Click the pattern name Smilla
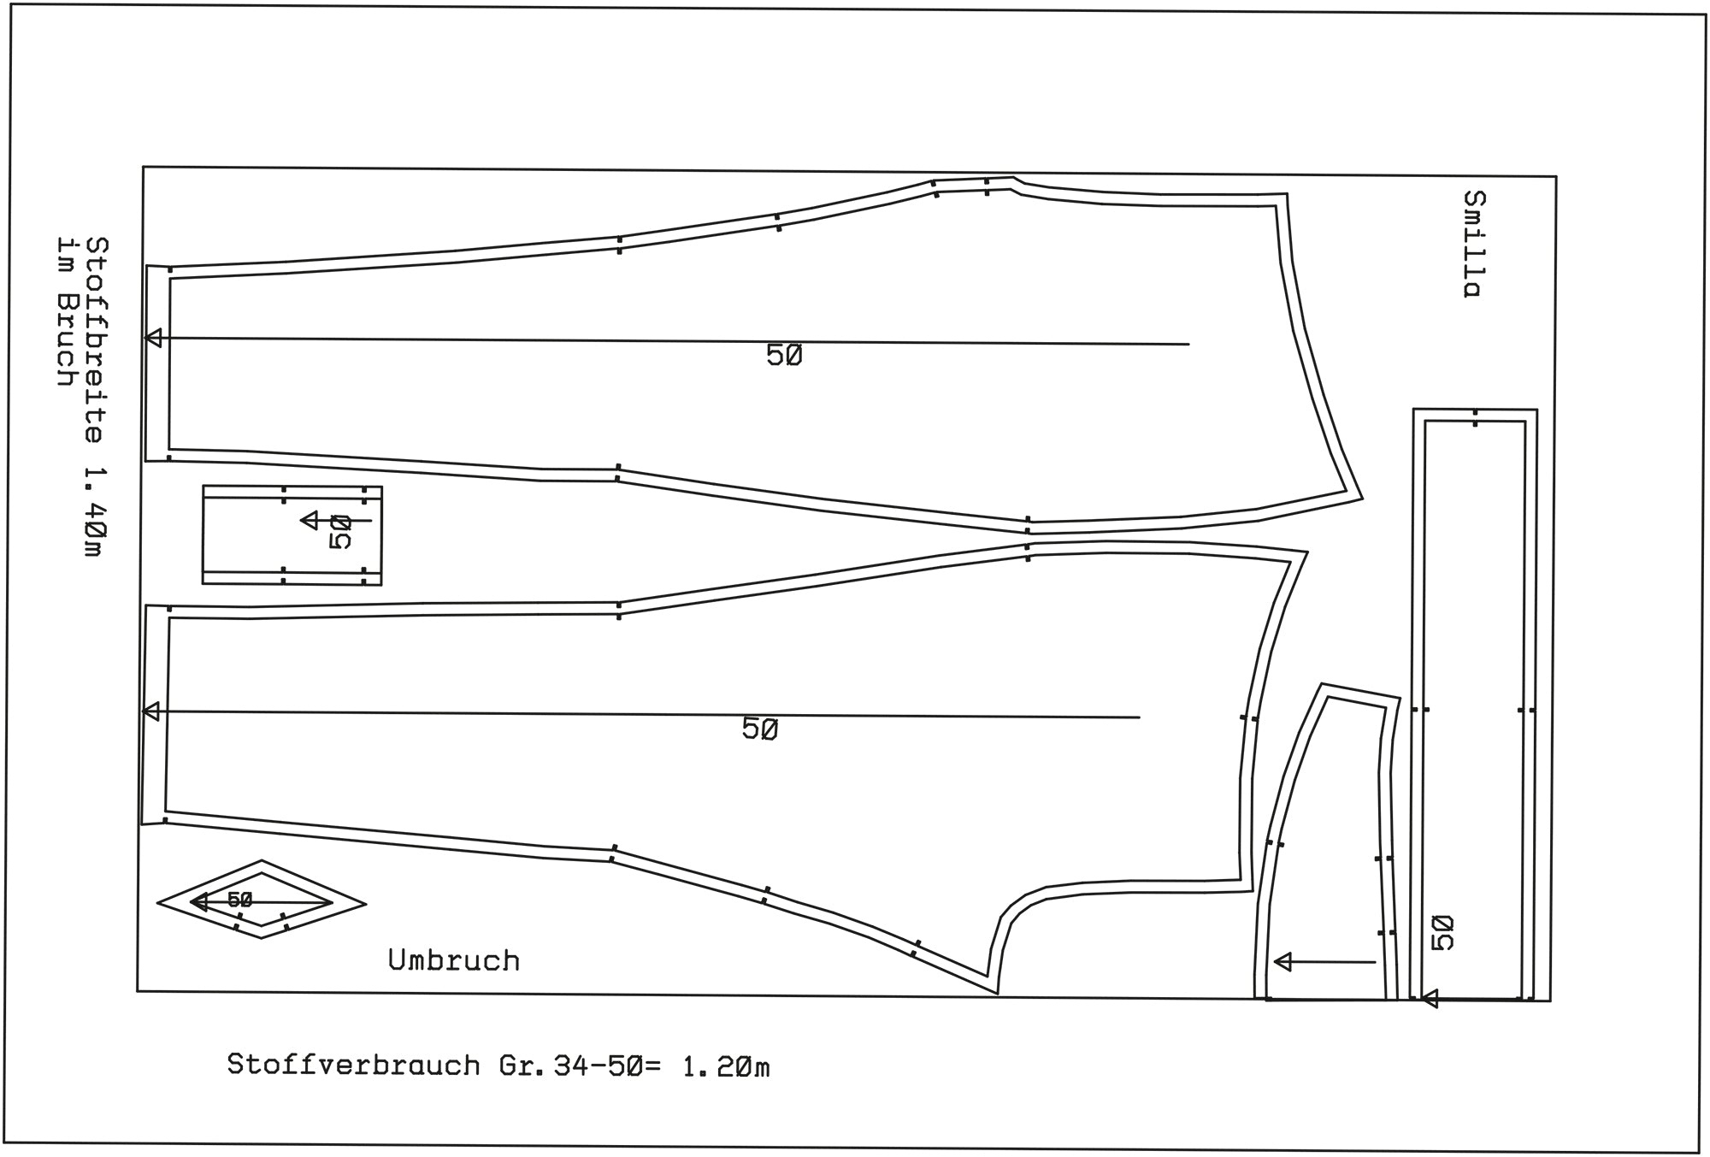(x=1473, y=244)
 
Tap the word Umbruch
(x=454, y=960)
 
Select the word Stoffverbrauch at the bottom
(x=353, y=1066)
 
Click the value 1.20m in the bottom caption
(x=726, y=1067)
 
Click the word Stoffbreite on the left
(x=97, y=339)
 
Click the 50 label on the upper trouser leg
(x=784, y=355)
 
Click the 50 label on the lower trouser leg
(x=760, y=729)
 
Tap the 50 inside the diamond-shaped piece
(x=239, y=900)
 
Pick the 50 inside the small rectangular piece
(x=340, y=532)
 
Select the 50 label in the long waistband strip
(x=1442, y=932)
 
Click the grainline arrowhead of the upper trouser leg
(x=153, y=338)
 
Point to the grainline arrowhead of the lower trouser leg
(x=150, y=711)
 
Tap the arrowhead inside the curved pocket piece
(x=1282, y=962)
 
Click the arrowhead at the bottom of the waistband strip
(x=1429, y=998)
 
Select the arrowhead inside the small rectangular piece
(x=310, y=520)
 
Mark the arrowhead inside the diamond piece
(x=198, y=901)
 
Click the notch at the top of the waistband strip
(x=1476, y=418)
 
